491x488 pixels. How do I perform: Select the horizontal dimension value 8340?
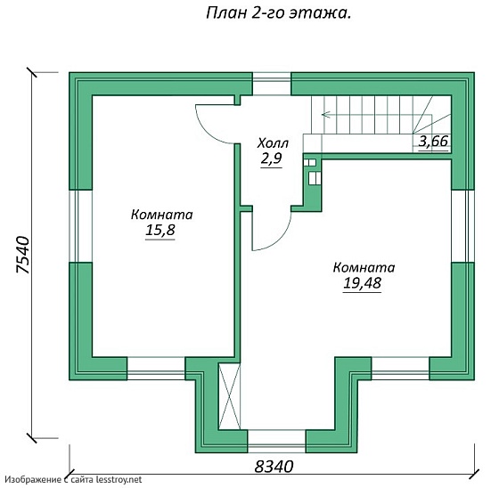(274, 466)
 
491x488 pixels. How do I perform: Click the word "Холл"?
(272, 143)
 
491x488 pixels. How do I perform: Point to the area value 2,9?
(271, 159)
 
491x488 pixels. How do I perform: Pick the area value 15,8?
(161, 232)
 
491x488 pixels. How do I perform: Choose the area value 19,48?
(363, 284)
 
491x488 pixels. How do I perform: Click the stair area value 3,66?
(433, 141)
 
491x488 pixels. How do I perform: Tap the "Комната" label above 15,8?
(161, 215)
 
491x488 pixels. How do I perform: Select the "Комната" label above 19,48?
(364, 267)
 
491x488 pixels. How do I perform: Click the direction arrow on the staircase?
(327, 114)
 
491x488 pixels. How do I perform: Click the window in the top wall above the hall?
(272, 85)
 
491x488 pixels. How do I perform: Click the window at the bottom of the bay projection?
(276, 438)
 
